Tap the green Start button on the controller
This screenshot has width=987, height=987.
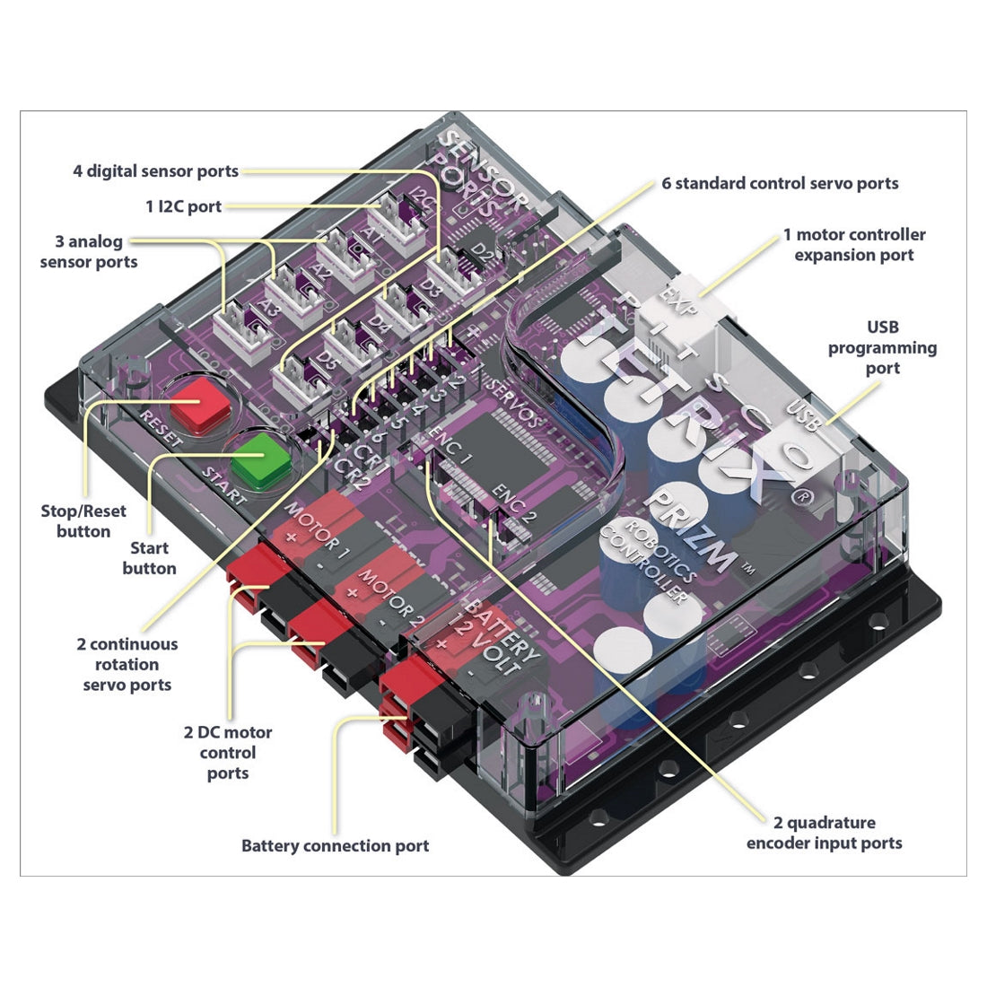[261, 460]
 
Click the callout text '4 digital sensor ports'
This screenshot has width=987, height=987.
[155, 170]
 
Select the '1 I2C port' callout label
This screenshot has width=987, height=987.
[183, 206]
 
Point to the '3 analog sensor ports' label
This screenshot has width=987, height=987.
[89, 251]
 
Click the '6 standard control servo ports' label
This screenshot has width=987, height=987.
[780, 183]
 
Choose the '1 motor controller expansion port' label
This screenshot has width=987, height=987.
[853, 244]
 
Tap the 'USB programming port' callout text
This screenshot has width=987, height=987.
[882, 347]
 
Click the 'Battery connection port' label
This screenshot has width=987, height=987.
[335, 845]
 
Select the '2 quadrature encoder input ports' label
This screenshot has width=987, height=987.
[824, 832]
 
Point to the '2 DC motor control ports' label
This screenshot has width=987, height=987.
[228, 752]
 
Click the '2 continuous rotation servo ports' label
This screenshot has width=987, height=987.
[127, 664]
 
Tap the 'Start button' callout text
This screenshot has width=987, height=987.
[149, 557]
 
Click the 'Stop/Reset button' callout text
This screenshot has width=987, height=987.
[83, 520]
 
